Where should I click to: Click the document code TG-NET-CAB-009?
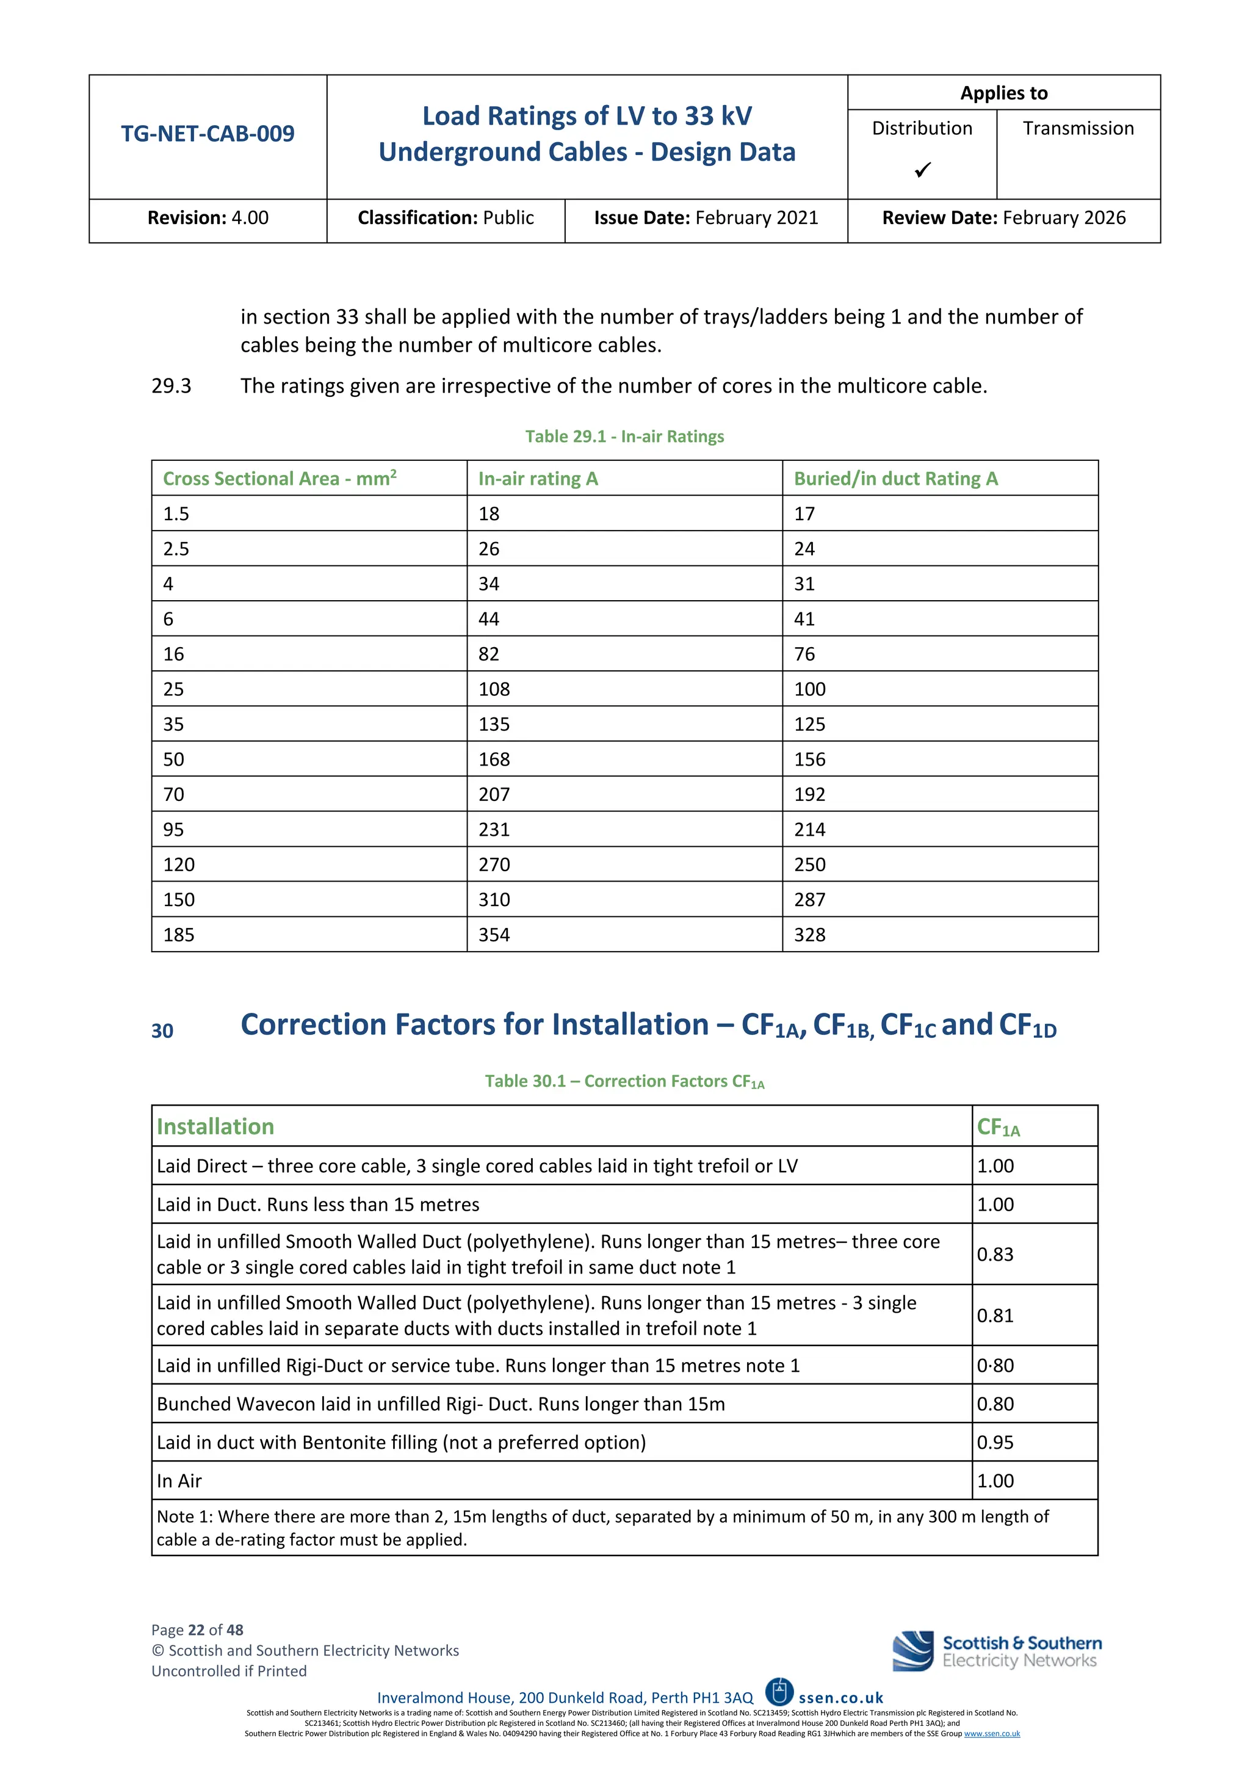(x=207, y=134)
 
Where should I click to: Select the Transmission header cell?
(x=1078, y=129)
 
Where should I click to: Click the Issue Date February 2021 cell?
(x=706, y=218)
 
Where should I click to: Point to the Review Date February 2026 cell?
(x=1003, y=218)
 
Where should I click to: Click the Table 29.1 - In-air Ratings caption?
(x=624, y=437)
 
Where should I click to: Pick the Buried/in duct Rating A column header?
(x=895, y=479)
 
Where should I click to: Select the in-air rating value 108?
(x=494, y=689)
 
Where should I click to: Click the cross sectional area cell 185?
(x=179, y=935)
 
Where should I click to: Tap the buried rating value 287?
(x=810, y=899)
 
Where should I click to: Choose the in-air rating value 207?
(x=494, y=795)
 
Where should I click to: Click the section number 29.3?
(x=171, y=386)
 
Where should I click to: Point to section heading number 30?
(x=162, y=1031)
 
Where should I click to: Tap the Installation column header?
(x=215, y=1126)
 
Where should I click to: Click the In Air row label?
(x=179, y=1481)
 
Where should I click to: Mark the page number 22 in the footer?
(x=197, y=1630)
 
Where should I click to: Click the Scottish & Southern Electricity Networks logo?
(x=997, y=1652)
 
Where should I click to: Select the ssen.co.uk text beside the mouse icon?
(x=840, y=1698)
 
